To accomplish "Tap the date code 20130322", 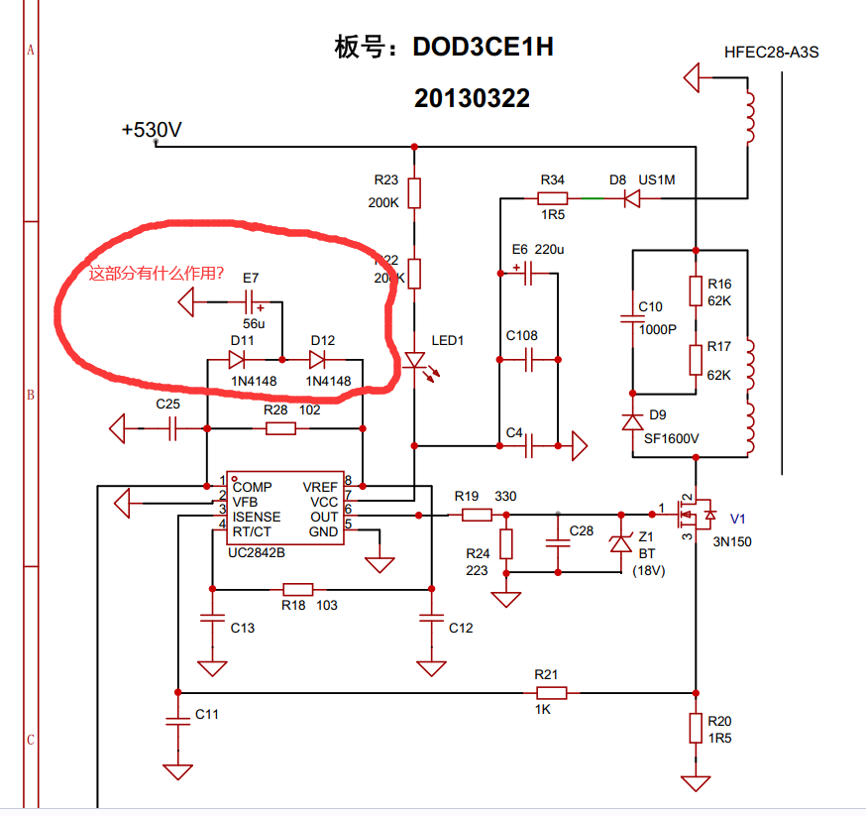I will (x=472, y=98).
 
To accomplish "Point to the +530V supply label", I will (x=151, y=130).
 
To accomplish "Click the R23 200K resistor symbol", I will (x=415, y=192).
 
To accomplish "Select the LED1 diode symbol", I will (x=415, y=361).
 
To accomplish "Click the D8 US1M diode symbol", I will (x=631, y=198).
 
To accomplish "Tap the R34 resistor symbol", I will (x=552, y=198).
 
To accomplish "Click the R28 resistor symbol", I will (x=281, y=428).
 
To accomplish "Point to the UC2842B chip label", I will (x=256, y=551).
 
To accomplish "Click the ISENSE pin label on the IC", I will (x=257, y=517).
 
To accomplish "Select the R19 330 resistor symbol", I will (x=478, y=515).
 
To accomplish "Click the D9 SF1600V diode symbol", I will (x=631, y=422).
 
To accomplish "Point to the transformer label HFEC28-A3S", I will (x=772, y=52).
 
